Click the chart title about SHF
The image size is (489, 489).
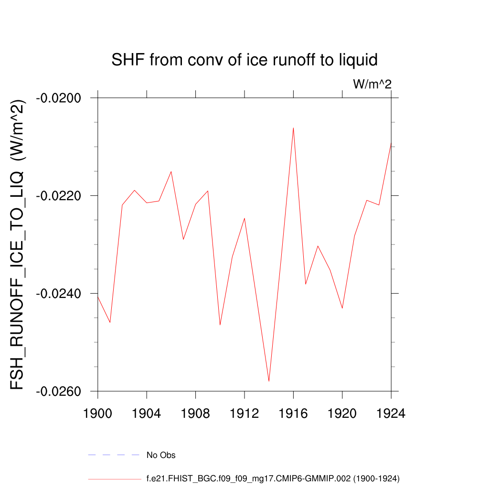click(x=244, y=60)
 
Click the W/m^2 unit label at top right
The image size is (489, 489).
click(x=372, y=85)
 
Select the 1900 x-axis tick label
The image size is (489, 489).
click(x=98, y=414)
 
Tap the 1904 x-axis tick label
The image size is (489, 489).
click(x=147, y=414)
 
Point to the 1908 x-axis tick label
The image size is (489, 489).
click(x=196, y=414)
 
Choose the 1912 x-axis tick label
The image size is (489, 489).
click(x=244, y=414)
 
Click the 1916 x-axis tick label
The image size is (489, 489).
click(x=293, y=414)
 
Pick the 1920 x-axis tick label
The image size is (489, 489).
click(x=342, y=414)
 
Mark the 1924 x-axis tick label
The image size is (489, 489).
click(x=391, y=414)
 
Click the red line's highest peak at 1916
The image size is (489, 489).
click(x=293, y=128)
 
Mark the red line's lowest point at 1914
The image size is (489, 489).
click(x=269, y=381)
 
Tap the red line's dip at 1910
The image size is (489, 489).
click(x=220, y=325)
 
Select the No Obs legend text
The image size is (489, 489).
click(x=161, y=455)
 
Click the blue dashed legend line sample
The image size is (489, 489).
click(x=113, y=455)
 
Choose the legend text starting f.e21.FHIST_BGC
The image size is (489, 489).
click(x=273, y=478)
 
